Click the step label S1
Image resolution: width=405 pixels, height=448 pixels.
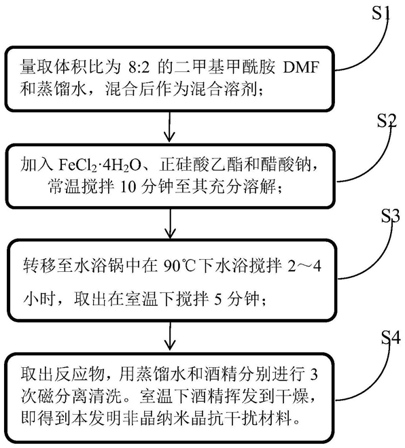tap(381, 12)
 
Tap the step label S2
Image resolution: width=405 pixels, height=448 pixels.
tap(387, 120)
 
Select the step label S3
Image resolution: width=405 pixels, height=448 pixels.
tap(391, 216)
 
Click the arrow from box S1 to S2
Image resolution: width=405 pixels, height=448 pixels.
tap(170, 126)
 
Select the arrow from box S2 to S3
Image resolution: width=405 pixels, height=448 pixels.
tap(171, 223)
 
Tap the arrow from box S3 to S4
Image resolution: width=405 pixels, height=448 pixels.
tap(171, 336)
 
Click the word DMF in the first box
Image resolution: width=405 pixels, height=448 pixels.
tap(301, 68)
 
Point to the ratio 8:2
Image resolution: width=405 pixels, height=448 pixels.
tap(140, 68)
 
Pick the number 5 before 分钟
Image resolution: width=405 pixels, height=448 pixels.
tap(218, 300)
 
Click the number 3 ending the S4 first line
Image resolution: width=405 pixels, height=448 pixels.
tap(314, 375)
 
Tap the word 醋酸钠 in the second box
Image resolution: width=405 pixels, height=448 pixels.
tap(286, 165)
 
